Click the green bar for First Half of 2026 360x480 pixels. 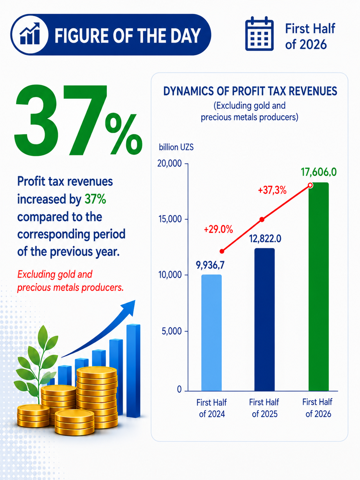[x=319, y=287]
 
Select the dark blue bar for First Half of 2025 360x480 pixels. [x=265, y=320]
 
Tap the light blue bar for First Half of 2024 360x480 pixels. [x=211, y=333]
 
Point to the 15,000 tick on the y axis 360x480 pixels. [x=186, y=219]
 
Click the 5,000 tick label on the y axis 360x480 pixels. [x=172, y=331]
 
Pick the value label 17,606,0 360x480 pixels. [x=319, y=172]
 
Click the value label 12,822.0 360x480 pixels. [x=265, y=239]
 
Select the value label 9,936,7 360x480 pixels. [x=210, y=265]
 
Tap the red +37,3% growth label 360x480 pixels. [x=272, y=190]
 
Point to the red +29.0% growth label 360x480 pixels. [x=218, y=230]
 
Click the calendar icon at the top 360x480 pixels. [x=259, y=34]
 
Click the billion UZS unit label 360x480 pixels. [x=176, y=147]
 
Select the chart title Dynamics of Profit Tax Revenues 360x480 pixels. [x=250, y=91]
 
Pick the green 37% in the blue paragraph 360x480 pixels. [x=95, y=199]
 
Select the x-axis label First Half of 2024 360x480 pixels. [x=211, y=408]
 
